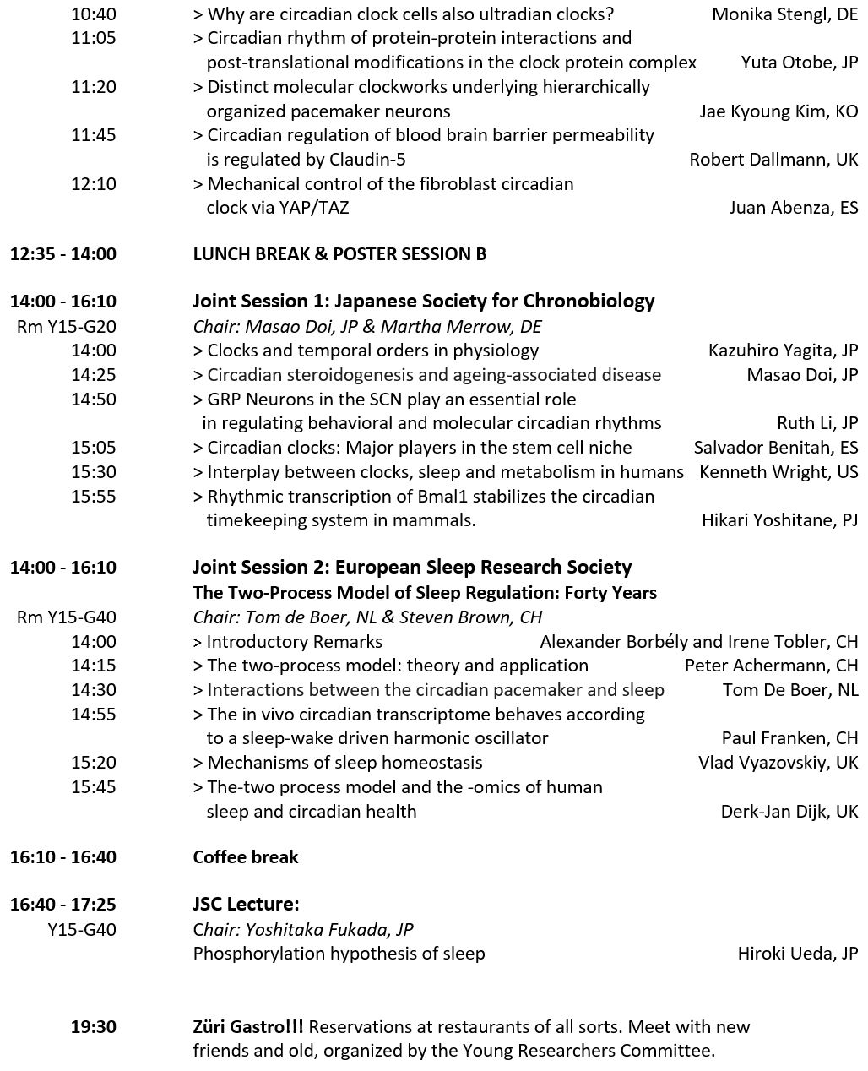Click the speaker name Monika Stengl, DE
(x=784, y=14)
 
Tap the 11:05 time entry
(x=94, y=38)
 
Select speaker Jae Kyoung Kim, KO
(x=778, y=111)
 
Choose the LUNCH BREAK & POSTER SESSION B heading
(x=339, y=254)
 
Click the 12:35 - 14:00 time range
(x=63, y=254)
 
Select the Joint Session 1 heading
(x=424, y=302)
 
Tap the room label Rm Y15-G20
(x=67, y=327)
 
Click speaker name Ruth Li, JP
(x=816, y=423)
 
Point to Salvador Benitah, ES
(x=775, y=448)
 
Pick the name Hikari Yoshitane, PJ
(x=778, y=520)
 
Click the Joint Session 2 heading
(x=412, y=568)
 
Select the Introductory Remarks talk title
(x=295, y=642)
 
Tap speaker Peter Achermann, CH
(x=771, y=666)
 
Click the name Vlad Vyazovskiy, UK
(x=777, y=763)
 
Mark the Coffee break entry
(x=246, y=857)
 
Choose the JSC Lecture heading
(x=246, y=905)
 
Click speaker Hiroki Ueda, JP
(x=797, y=954)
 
